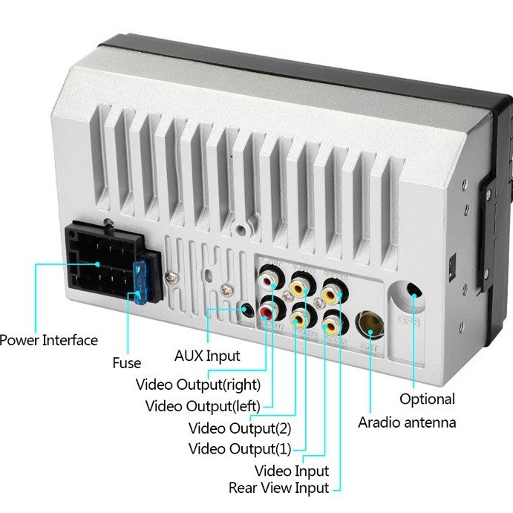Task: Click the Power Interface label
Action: [x=49, y=340]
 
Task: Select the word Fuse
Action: [x=126, y=363]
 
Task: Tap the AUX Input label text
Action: [x=207, y=356]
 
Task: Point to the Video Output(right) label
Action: [x=198, y=385]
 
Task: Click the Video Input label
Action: [x=292, y=471]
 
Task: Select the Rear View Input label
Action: [x=278, y=488]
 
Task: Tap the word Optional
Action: [x=427, y=399]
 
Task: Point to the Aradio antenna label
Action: [x=407, y=422]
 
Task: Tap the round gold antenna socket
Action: [x=369, y=324]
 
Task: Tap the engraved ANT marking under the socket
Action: [x=367, y=344]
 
